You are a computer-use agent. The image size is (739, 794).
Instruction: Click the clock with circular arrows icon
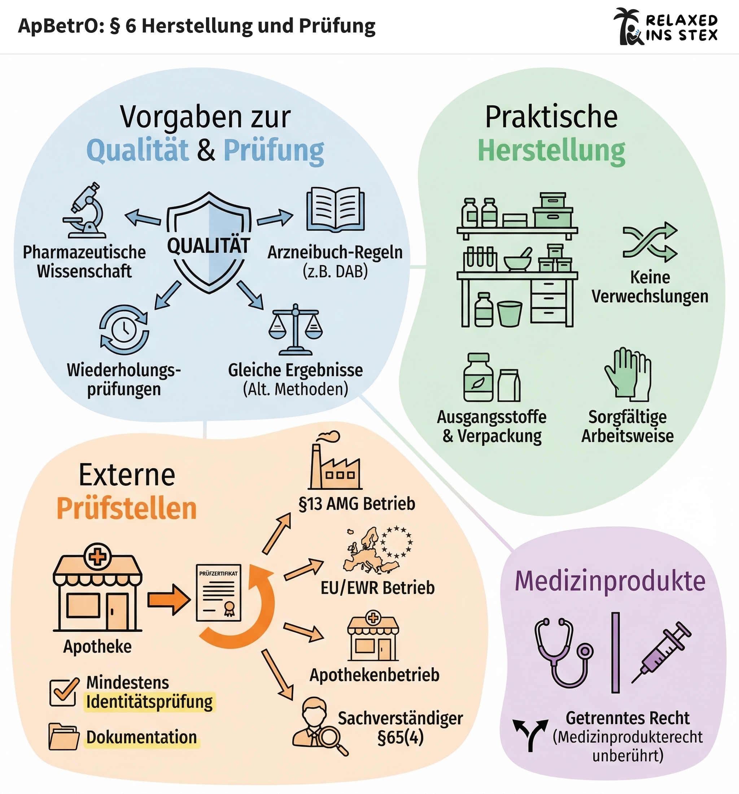tap(124, 329)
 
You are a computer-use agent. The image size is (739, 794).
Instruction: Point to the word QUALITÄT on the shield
tap(208, 245)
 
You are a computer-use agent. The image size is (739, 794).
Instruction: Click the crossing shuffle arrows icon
tap(650, 242)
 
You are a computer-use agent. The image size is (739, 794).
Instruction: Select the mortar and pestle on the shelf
tap(517, 260)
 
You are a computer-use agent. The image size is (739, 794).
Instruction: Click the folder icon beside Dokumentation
tap(63, 737)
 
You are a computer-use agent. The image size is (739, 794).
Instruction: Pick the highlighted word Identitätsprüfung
tap(150, 702)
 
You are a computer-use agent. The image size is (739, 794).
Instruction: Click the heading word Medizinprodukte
tap(610, 581)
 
